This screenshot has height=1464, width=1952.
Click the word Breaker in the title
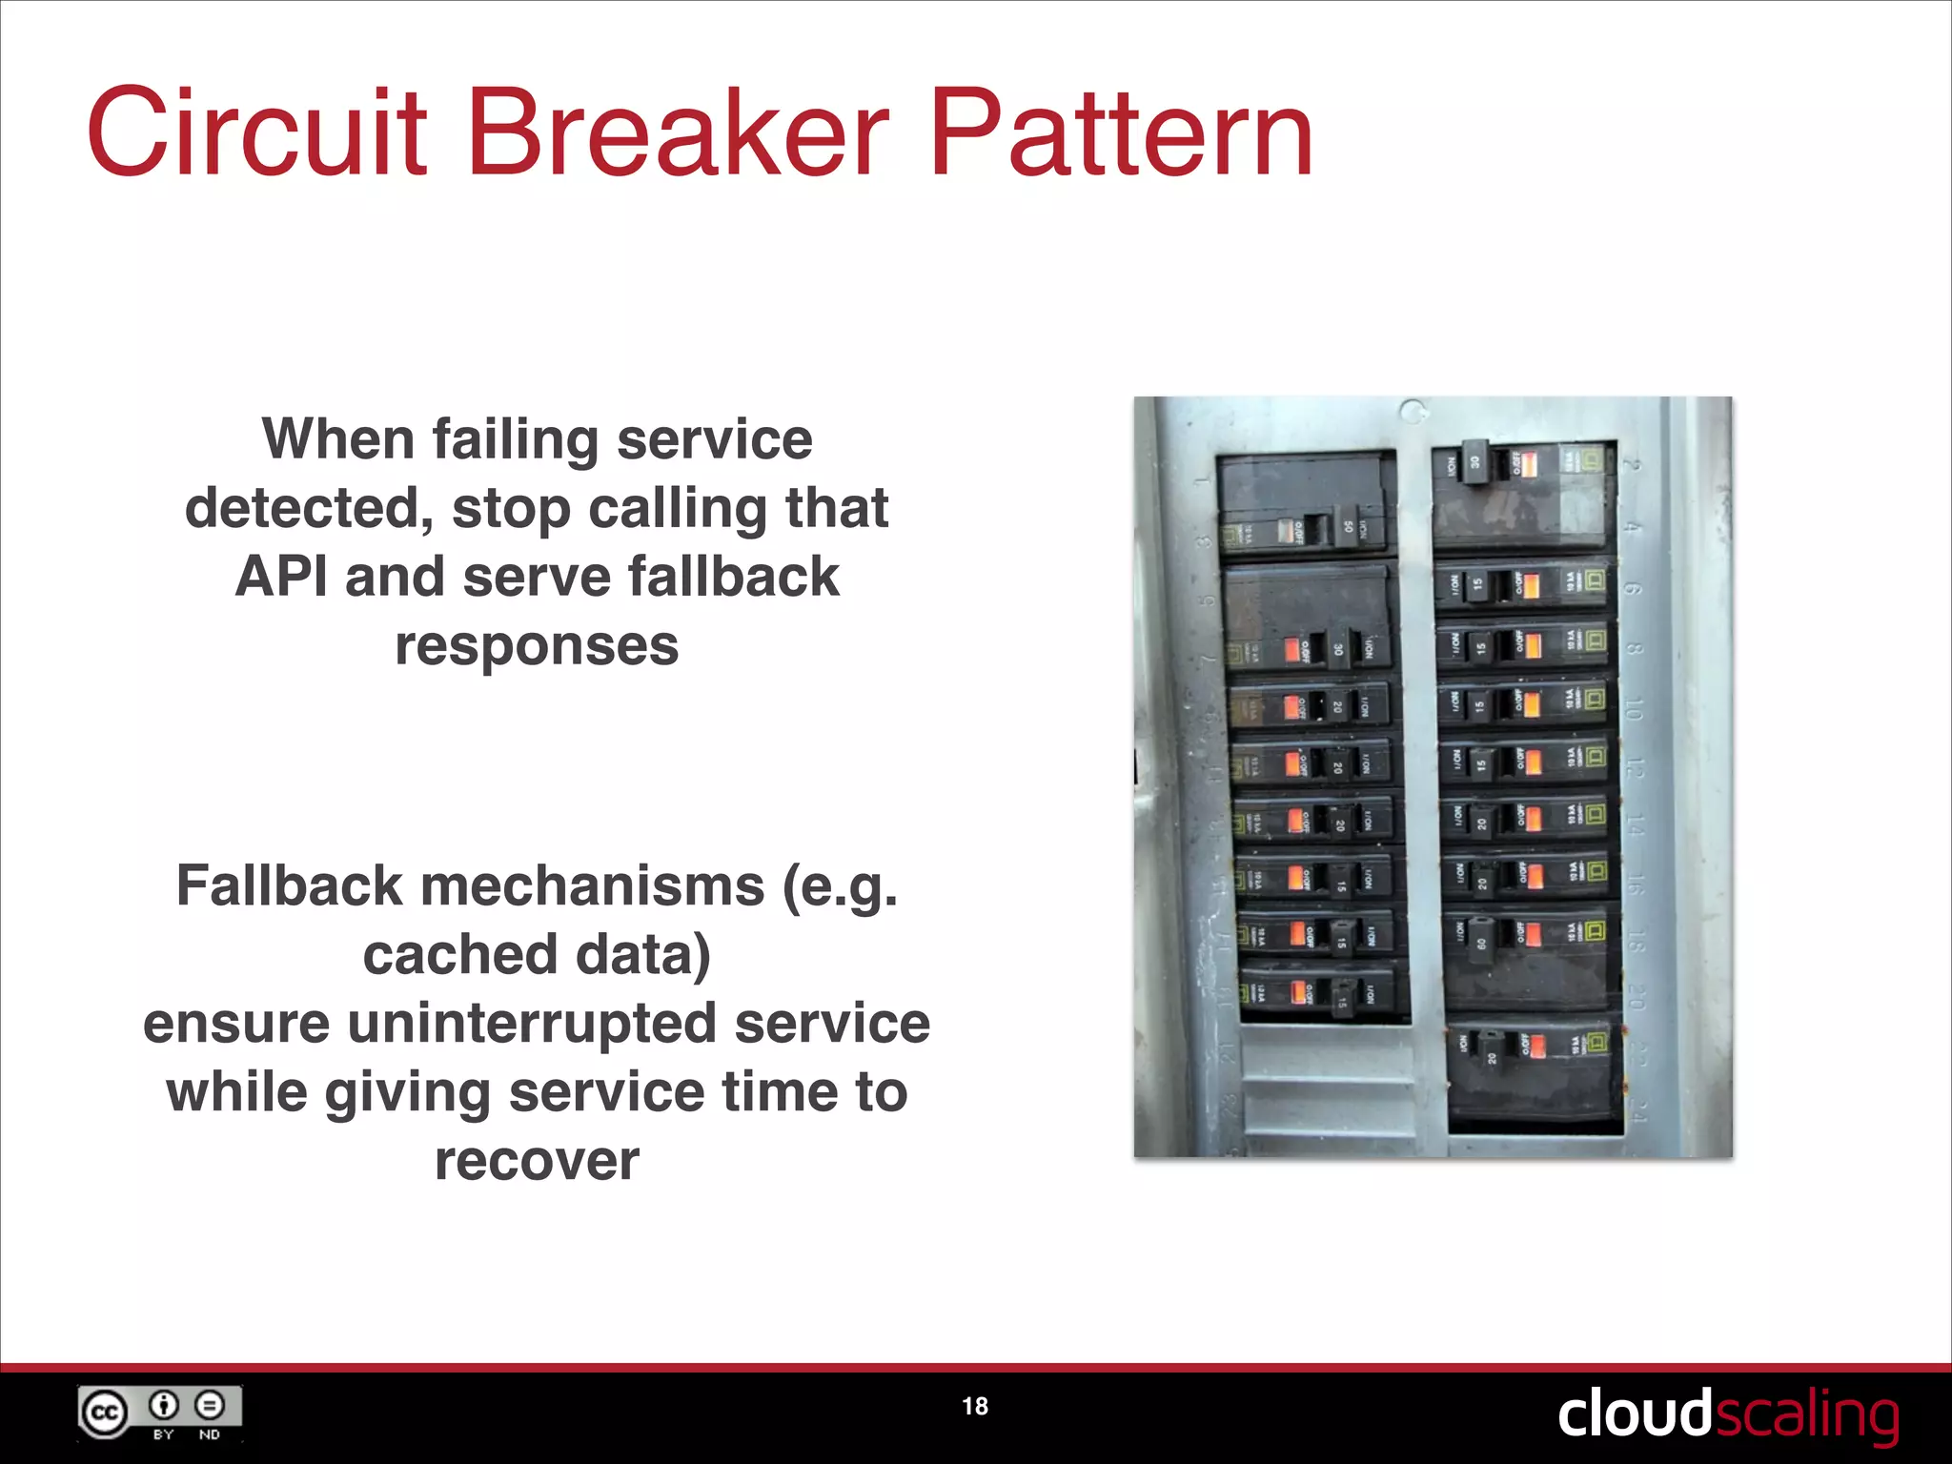[678, 132]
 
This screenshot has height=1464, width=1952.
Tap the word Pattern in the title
[1122, 132]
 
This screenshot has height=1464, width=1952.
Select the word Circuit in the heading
[256, 132]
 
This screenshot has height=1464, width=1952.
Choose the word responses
[537, 646]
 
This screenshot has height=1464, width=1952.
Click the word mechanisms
[592, 885]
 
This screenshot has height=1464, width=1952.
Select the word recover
[537, 1161]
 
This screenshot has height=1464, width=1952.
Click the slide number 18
[975, 1406]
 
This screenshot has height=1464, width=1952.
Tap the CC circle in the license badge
[103, 1413]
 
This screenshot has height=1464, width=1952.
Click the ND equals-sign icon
[210, 1405]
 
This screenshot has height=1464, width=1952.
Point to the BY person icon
[164, 1405]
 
